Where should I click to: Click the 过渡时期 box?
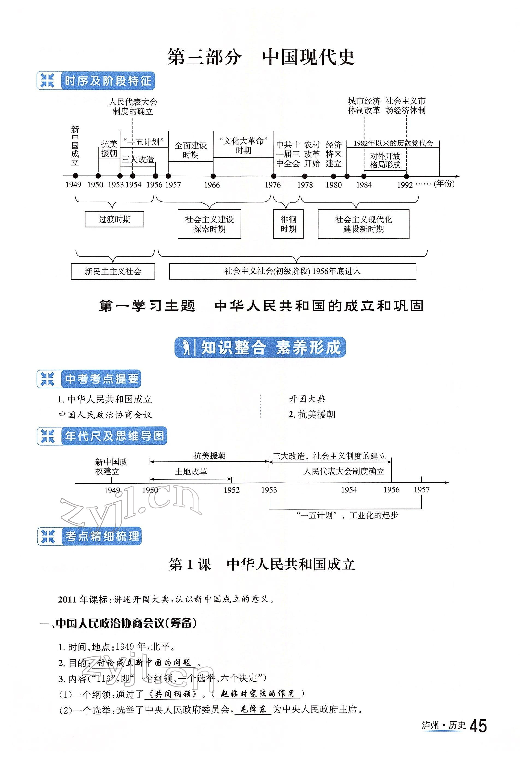[114, 219]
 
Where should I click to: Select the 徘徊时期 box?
[288, 224]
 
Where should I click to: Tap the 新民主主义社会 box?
[113, 272]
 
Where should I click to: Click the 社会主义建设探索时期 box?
[209, 224]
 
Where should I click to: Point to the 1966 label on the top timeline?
[212, 185]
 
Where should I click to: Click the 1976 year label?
[273, 185]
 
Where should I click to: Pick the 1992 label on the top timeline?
[405, 185]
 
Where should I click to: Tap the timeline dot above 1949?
[75, 176]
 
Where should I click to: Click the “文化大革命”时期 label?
[243, 146]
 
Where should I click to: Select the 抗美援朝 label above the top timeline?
[109, 149]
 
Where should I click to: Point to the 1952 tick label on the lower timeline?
[231, 490]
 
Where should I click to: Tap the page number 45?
[478, 726]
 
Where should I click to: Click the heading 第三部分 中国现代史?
[261, 57]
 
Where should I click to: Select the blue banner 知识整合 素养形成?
[260, 348]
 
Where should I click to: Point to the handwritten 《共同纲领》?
[173, 693]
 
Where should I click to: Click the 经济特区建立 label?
[333, 154]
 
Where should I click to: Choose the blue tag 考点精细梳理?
[90, 536]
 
